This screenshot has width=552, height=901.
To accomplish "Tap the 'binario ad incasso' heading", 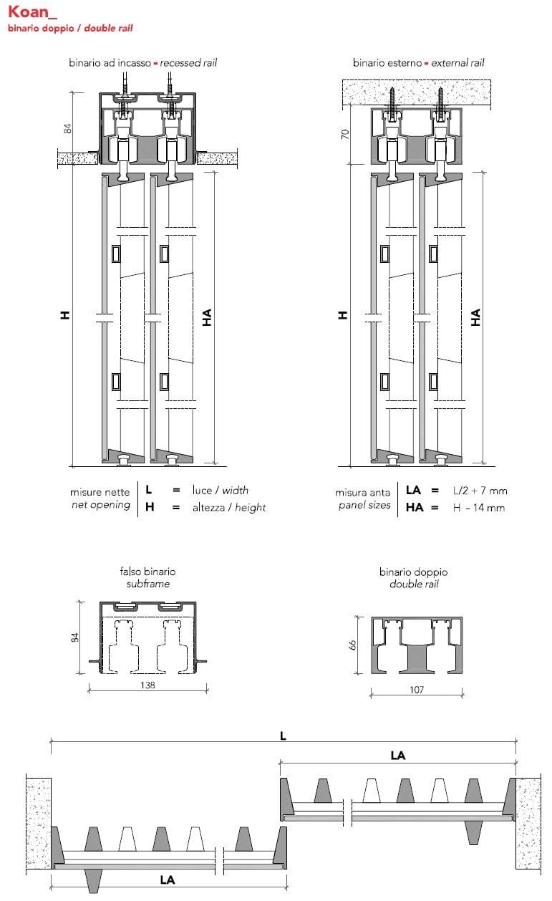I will [110, 63].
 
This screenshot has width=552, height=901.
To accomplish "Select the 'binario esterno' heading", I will [387, 63].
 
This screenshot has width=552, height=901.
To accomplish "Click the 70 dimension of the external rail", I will [344, 134].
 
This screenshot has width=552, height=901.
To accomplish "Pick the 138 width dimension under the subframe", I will [147, 685].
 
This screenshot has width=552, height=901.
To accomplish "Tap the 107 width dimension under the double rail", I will [416, 690].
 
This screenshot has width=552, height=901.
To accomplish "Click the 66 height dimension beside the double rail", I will [352, 645].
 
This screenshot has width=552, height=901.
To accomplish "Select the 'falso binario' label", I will [147, 572].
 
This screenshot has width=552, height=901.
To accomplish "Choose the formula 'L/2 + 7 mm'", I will [480, 491].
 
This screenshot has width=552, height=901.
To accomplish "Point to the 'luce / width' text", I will [220, 491].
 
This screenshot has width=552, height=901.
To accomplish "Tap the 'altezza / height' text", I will [228, 508].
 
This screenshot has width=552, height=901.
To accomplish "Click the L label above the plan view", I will [283, 736].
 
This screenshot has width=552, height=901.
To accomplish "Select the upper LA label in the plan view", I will [398, 755].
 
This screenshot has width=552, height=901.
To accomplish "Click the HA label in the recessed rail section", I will [207, 318].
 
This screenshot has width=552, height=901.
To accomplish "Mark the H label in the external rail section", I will [343, 315].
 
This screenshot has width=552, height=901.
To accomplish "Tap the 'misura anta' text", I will [362, 493].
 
